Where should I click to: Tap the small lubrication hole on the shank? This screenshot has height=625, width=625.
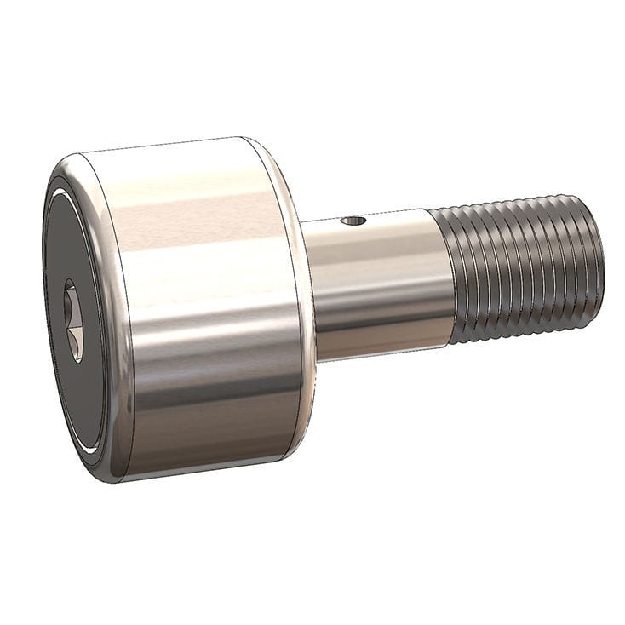click(x=353, y=221)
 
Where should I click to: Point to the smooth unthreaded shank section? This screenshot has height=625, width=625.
click(x=379, y=281)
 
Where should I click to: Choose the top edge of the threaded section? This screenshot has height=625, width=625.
click(x=511, y=201)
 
